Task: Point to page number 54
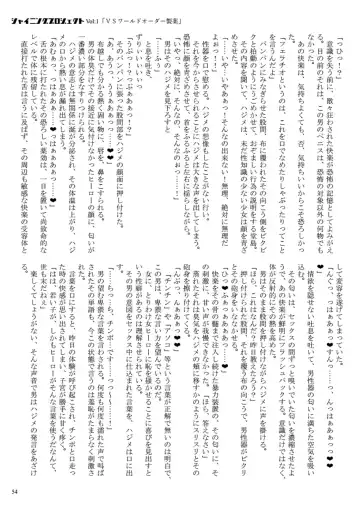(x=18, y=492)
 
